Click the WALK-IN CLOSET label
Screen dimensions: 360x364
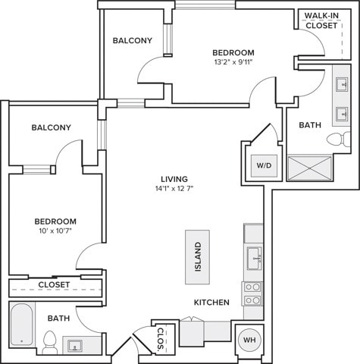[321, 20]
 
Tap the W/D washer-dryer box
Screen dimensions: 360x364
[264, 166]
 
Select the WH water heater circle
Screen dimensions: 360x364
[249, 340]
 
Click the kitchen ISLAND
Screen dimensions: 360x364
[197, 257]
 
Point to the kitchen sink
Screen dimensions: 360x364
[255, 259]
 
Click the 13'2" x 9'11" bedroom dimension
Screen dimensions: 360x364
[233, 62]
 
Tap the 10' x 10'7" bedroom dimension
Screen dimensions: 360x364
[55, 231]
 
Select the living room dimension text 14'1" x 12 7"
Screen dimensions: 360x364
[174, 189]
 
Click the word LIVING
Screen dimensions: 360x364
[174, 179]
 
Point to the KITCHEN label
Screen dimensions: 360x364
[211, 303]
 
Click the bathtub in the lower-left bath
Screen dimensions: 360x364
[22, 325]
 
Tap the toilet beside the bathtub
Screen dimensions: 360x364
[49, 343]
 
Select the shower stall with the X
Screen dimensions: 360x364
[310, 168]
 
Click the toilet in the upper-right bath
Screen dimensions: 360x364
[339, 139]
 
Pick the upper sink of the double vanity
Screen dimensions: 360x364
[342, 85]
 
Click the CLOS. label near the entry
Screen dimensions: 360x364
[160, 340]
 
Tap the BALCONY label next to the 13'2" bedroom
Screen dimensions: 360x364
[133, 40]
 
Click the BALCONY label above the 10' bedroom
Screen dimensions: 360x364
[52, 127]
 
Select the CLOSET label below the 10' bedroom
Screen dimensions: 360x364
[54, 285]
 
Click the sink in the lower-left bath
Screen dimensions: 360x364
[75, 346]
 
